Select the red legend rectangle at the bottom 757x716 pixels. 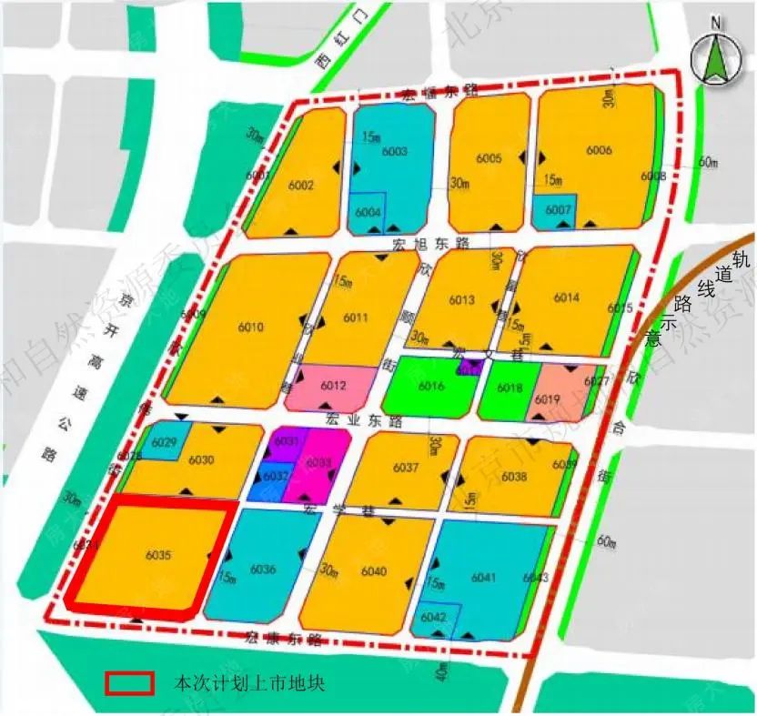click(131, 683)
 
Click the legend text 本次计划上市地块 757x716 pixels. click(249, 683)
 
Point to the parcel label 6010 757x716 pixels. click(250, 328)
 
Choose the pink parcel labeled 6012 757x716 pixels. click(334, 387)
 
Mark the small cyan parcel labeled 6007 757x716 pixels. click(558, 211)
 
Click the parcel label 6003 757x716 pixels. click(394, 152)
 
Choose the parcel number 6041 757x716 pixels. click(484, 577)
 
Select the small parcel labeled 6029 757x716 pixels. click(165, 442)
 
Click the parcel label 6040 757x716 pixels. click(374, 571)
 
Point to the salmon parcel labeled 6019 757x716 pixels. click(547, 398)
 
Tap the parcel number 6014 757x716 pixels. click(566, 298)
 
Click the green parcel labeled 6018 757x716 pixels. click(510, 388)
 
